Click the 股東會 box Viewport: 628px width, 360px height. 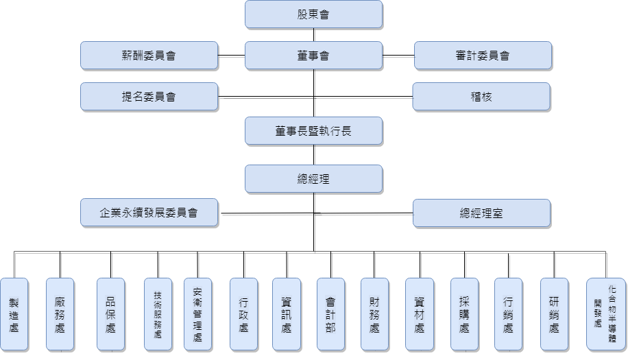coord(313,14)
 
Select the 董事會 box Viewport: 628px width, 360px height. coord(313,56)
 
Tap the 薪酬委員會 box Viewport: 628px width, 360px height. coord(149,56)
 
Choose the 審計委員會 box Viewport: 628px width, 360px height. coord(483,56)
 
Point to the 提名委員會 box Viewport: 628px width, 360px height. coord(149,97)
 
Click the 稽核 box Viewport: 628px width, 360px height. coord(481,97)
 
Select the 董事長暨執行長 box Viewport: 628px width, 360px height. coord(313,130)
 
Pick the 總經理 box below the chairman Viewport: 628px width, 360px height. coord(313,179)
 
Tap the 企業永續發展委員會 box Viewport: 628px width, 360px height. coord(149,213)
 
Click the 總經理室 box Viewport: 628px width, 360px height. coord(481,213)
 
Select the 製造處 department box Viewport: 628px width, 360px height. coord(14,315)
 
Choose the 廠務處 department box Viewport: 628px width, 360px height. coord(60,315)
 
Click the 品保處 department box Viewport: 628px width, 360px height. coord(110,315)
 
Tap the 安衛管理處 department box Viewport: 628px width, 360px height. coord(198,315)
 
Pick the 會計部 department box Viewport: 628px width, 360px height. coord(330,315)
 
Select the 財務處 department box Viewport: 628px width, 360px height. coord(374,315)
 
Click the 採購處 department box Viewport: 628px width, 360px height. coord(464,315)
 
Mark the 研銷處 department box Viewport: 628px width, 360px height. coord(554,315)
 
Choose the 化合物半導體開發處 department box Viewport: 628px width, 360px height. coord(605,315)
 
